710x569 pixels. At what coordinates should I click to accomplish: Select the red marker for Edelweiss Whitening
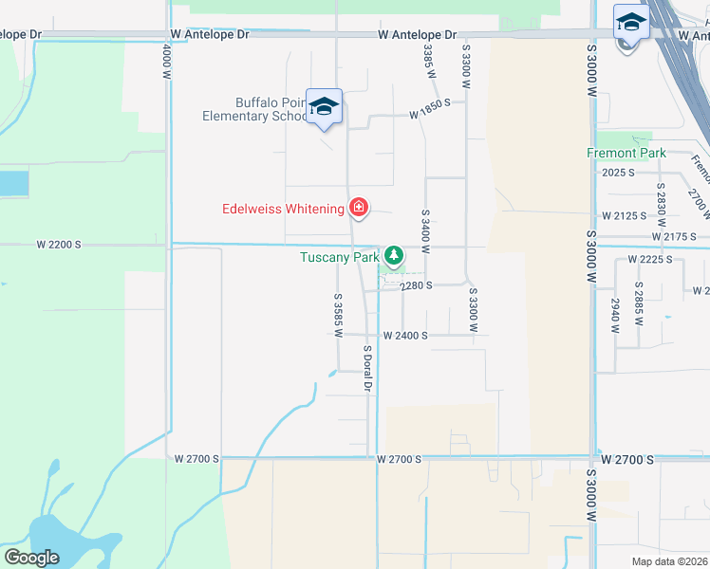click(x=359, y=207)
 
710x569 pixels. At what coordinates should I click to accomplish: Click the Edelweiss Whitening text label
click(x=284, y=209)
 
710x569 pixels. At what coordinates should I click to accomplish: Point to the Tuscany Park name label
click(x=340, y=257)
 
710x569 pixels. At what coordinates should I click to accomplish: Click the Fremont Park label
click(x=626, y=153)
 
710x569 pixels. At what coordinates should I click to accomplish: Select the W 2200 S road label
click(x=59, y=245)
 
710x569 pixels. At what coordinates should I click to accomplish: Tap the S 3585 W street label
click(x=338, y=315)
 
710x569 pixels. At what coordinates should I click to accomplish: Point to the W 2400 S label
click(x=405, y=336)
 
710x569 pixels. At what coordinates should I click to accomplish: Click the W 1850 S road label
click(x=429, y=115)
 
